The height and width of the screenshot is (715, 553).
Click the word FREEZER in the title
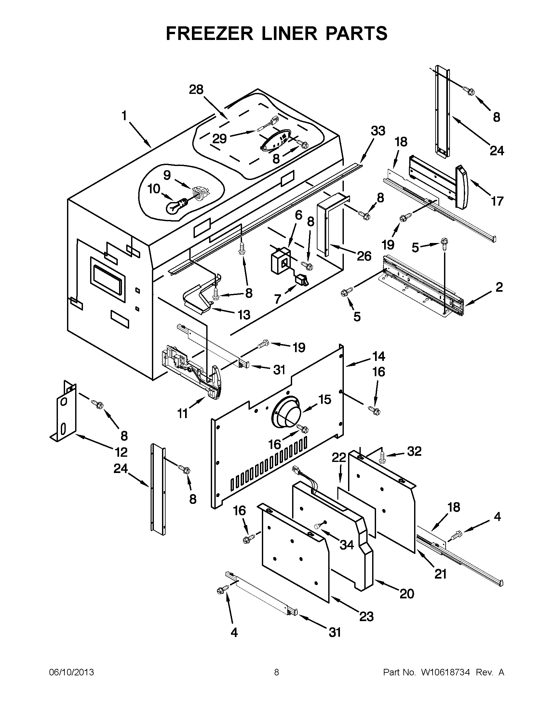tap(209, 33)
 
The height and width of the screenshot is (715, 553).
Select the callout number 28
tap(196, 90)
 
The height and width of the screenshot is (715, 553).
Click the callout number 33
tap(378, 131)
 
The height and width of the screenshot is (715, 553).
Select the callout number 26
tap(364, 256)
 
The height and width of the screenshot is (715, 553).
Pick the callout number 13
tap(244, 315)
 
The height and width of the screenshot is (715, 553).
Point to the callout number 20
tap(407, 594)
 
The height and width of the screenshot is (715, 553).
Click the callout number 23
tap(367, 617)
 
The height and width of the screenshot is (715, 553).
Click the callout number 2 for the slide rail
tap(499, 287)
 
